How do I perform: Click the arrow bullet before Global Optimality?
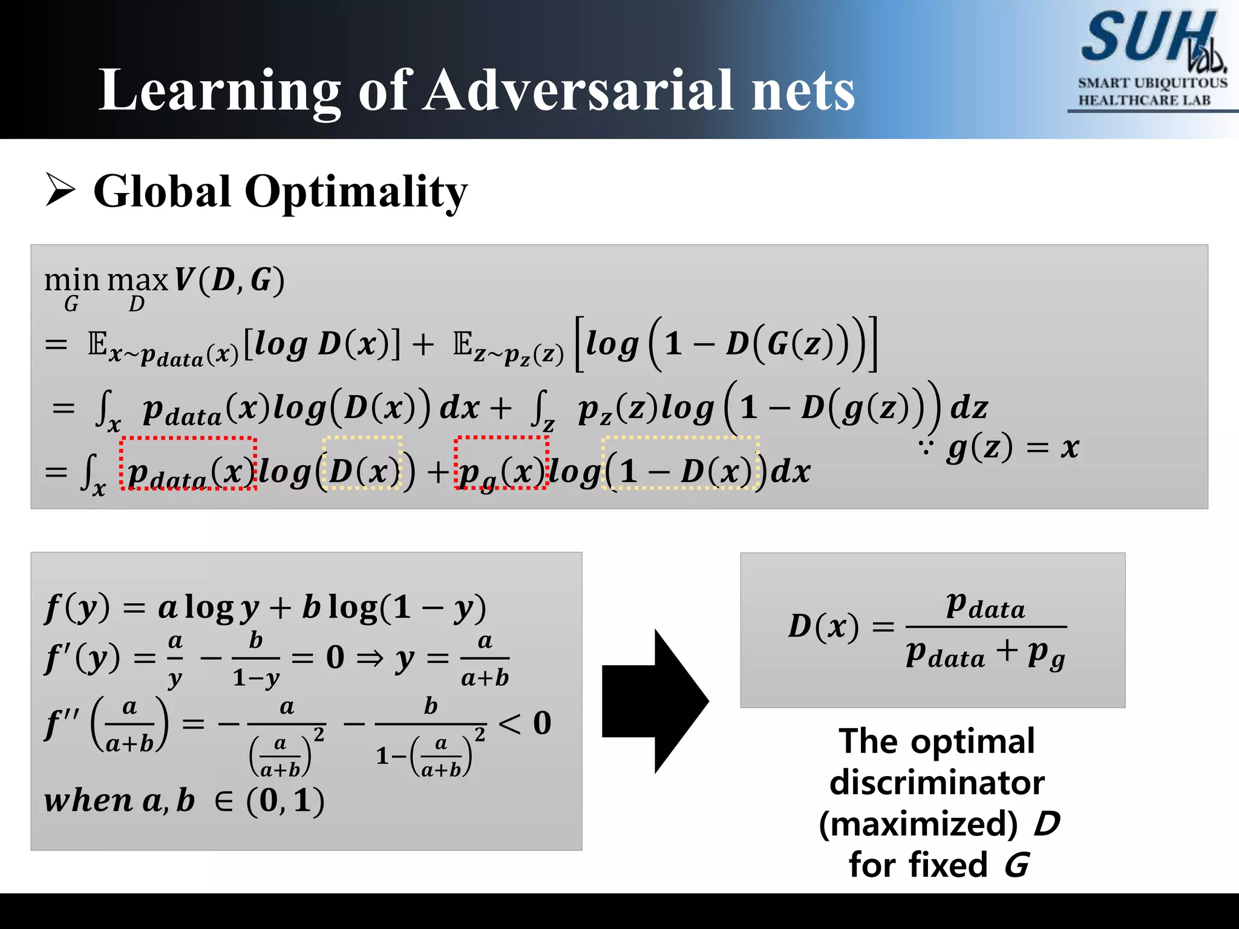[x=60, y=189]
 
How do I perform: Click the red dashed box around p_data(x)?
[x=188, y=463]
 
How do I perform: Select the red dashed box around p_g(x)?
[x=502, y=462]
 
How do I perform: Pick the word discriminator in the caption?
[x=937, y=783]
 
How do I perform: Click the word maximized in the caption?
[x=918, y=824]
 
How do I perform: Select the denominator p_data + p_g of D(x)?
[x=985, y=655]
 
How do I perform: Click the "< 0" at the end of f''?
[x=525, y=723]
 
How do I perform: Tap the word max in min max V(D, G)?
[x=137, y=281]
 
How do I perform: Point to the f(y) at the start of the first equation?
[x=77, y=608]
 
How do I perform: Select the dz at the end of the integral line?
[x=969, y=407]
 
